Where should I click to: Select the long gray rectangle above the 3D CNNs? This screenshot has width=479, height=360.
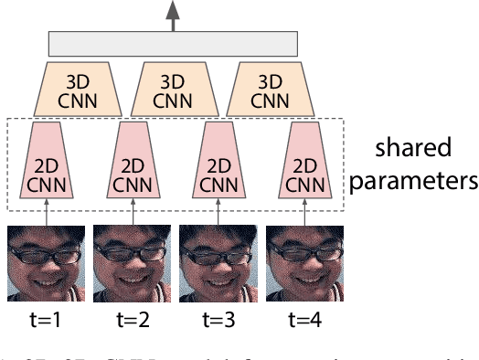coord(174,43)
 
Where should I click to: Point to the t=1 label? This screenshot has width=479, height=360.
coord(46,321)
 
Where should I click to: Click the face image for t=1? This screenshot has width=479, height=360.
coord(46,264)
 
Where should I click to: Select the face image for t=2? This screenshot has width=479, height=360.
coord(133,264)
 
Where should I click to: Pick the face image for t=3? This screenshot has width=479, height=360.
coord(218,264)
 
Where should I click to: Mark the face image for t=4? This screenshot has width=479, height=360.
coord(304,264)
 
